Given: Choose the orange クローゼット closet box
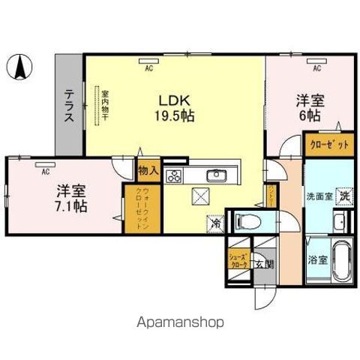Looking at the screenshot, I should (x=328, y=145).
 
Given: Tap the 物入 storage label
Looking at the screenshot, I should (x=148, y=172).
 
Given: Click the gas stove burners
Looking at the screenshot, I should (x=173, y=177).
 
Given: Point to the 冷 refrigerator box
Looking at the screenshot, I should (x=215, y=222).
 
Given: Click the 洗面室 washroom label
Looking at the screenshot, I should (x=318, y=196).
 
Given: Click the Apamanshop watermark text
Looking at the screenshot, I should (x=179, y=322).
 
